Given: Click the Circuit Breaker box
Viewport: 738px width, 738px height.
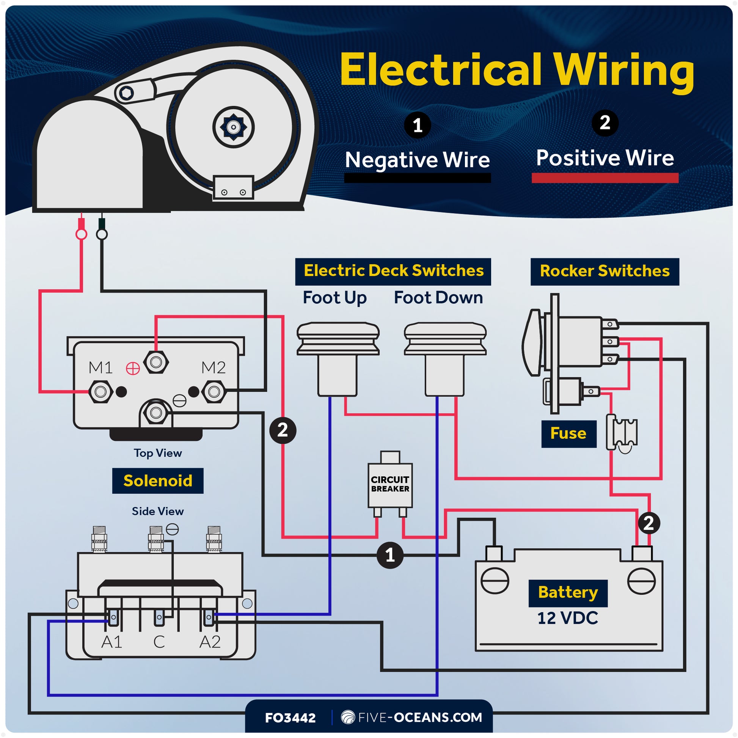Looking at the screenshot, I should [389, 484].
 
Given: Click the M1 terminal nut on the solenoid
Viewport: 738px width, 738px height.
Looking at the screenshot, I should [100, 391].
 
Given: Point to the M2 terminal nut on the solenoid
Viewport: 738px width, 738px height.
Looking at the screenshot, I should [214, 391].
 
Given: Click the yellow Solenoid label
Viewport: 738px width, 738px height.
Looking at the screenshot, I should [158, 480].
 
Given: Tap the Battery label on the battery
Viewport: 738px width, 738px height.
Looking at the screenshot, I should [568, 592].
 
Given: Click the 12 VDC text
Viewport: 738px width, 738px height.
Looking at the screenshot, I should [568, 618].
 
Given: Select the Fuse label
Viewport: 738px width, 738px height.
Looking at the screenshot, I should [568, 433].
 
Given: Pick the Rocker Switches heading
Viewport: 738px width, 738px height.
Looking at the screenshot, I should [604, 271].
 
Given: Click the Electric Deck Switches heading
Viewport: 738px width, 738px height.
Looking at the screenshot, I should [393, 271].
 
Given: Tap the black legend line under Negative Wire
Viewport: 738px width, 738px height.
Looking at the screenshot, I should [417, 178].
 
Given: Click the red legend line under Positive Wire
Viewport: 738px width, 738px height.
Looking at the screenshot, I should [605, 178].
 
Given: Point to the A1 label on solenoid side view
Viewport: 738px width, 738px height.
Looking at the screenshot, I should [112, 642].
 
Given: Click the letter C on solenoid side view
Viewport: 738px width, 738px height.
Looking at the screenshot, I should [159, 642].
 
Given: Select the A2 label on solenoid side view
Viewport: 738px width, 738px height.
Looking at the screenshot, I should [210, 642].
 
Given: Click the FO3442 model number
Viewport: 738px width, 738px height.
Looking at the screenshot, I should [290, 718].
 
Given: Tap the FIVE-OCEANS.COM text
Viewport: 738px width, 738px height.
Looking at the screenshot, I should [420, 718].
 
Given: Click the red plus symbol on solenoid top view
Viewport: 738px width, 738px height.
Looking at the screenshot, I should [133, 368].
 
